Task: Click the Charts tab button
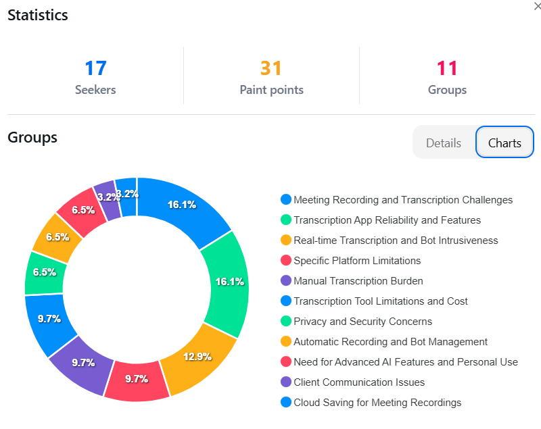(504, 143)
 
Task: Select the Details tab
(444, 143)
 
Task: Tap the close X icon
(537, 6)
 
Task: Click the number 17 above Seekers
(95, 68)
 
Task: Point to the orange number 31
(271, 68)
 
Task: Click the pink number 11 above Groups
(447, 68)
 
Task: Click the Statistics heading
(38, 15)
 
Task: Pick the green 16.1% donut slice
(229, 282)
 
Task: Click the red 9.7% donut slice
(137, 378)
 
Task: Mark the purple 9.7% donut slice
(83, 362)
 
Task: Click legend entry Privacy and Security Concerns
(362, 322)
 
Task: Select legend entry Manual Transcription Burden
(358, 281)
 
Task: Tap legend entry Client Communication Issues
(359, 382)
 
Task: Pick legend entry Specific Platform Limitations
(357, 261)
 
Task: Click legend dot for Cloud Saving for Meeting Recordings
(286, 403)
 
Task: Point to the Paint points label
(271, 90)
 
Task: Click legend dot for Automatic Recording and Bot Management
(286, 342)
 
